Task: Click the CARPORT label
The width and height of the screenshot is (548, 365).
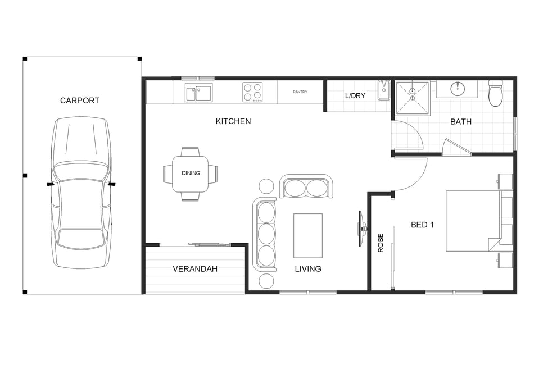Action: point(80,101)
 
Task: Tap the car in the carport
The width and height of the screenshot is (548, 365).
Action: point(81,193)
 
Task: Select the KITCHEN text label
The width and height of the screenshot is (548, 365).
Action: point(233,121)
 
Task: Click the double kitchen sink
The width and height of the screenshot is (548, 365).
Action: point(198,93)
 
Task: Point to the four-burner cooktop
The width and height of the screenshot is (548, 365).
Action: point(253,92)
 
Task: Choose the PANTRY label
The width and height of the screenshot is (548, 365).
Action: point(300,92)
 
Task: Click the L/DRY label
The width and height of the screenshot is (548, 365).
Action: point(355,95)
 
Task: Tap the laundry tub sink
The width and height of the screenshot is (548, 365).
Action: point(383,90)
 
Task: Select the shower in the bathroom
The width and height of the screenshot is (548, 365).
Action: point(413,98)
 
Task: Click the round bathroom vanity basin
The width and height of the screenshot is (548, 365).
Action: point(457,89)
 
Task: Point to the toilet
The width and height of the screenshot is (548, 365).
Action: point(495,93)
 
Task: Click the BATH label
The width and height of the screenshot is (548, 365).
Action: point(461,121)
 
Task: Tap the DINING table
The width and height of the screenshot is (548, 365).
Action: point(191,174)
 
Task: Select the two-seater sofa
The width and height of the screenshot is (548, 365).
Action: point(306,186)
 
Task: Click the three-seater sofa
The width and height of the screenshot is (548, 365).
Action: point(265,234)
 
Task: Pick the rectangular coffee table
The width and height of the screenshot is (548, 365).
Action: point(308,235)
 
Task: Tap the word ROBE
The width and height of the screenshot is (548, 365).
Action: point(381,243)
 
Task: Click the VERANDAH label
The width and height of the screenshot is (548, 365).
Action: point(195,269)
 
